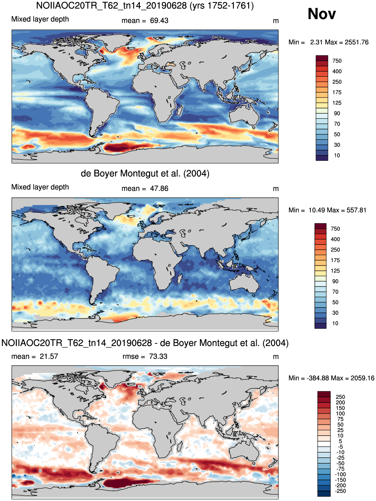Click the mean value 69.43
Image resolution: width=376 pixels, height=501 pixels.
pyautogui.click(x=159, y=21)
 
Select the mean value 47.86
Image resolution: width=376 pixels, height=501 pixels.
pyautogui.click(x=159, y=188)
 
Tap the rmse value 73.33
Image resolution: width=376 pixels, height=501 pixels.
pyautogui.click(x=158, y=357)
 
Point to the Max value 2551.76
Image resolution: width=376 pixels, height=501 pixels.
pyautogui.click(x=357, y=42)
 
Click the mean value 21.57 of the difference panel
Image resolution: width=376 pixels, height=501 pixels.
pyautogui.click(x=49, y=357)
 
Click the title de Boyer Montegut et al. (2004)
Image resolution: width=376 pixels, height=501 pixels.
pyautogui.click(x=145, y=173)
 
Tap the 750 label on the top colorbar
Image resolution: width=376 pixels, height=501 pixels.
pyautogui.click(x=337, y=61)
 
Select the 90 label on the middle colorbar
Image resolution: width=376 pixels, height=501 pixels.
pyautogui.click(x=335, y=281)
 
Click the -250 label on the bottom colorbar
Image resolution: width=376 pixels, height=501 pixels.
pyautogui.click(x=340, y=491)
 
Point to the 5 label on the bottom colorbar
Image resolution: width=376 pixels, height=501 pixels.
pyautogui.click(x=340, y=441)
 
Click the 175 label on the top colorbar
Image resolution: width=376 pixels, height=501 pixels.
pyautogui.click(x=337, y=92)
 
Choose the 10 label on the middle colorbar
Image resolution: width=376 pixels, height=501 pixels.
pyautogui.click(x=335, y=323)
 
